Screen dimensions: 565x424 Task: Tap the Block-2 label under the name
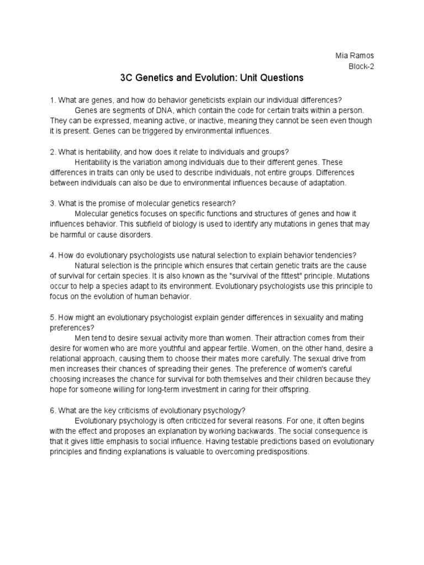pyautogui.click(x=362, y=67)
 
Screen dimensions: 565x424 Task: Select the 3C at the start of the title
pyautogui.click(x=126, y=78)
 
